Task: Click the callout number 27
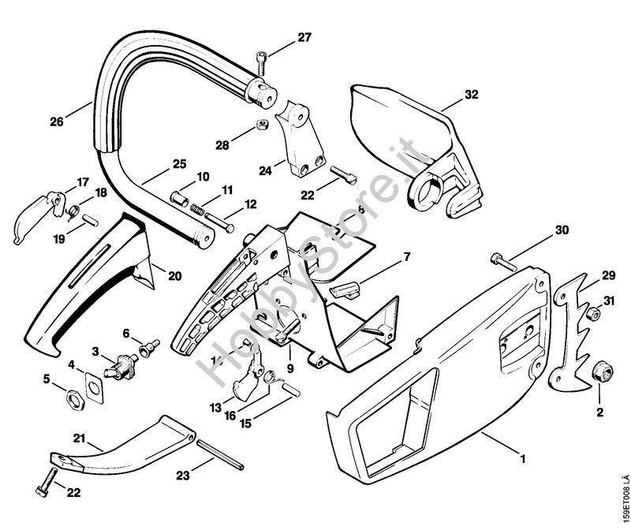coord(305,37)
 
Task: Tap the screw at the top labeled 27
coord(261,59)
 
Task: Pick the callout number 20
coord(174,275)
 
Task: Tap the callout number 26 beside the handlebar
coord(55,121)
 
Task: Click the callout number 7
coord(407,257)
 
